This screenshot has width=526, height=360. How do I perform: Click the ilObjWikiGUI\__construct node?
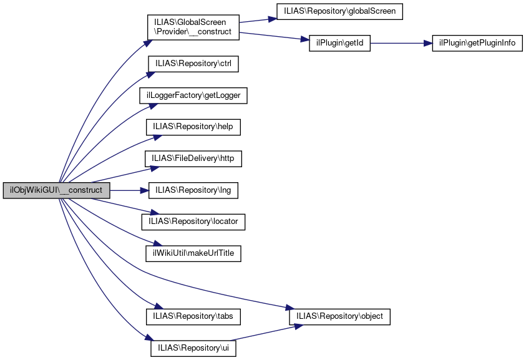pyautogui.click(x=57, y=190)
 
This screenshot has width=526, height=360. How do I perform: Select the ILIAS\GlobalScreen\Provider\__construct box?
pyautogui.click(x=193, y=27)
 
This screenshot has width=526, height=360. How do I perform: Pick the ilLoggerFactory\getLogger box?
pyautogui.click(x=193, y=95)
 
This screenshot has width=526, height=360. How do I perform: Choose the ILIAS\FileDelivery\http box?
pyautogui.click(x=193, y=158)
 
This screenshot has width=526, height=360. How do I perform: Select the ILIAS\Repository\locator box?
pyautogui.click(x=193, y=221)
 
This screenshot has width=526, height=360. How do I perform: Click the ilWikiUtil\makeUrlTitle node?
pyautogui.click(x=193, y=253)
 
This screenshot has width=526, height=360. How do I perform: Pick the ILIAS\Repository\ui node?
pyautogui.click(x=193, y=348)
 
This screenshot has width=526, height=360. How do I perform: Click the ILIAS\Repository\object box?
pyautogui.click(x=339, y=316)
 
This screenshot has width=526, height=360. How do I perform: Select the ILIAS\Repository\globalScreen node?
pyautogui.click(x=340, y=11)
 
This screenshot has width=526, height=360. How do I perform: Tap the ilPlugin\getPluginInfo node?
pyautogui.click(x=477, y=43)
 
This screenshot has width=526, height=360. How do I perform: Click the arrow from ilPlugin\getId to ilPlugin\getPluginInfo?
pyautogui.click(x=399, y=43)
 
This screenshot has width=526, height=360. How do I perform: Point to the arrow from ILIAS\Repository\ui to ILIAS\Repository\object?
pyautogui.click(x=262, y=333)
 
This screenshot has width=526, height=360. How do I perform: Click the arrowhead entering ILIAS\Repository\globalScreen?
pyautogui.click(x=272, y=18)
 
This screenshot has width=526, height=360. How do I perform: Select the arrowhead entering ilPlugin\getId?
pyautogui.click(x=305, y=41)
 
